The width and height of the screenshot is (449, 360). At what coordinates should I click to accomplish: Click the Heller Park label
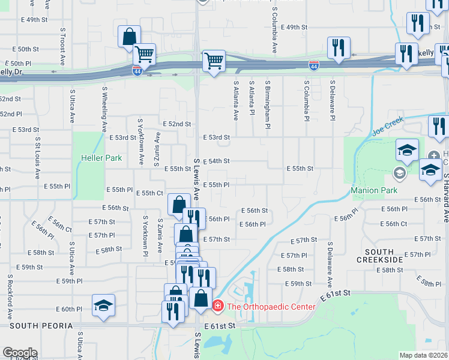(x=101, y=158)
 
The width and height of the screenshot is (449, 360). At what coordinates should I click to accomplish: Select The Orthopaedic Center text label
(x=270, y=307)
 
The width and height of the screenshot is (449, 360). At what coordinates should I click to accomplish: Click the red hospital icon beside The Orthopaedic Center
(x=217, y=307)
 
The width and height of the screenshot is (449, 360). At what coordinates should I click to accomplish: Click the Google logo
(x=20, y=353)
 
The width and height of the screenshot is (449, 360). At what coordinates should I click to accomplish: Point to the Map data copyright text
(x=423, y=355)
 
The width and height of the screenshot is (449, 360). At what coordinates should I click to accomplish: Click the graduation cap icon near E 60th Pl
(x=103, y=306)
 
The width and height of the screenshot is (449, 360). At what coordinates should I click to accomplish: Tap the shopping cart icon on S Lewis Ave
(x=214, y=61)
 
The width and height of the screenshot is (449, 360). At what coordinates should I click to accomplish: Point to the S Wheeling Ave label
(x=104, y=109)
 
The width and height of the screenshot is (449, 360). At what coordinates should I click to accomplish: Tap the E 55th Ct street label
(x=150, y=193)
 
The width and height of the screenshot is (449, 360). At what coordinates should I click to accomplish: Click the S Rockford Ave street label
(x=10, y=296)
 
